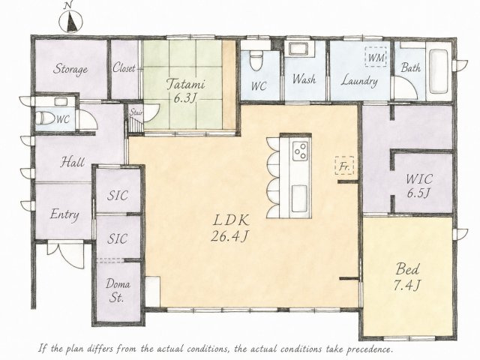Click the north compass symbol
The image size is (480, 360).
pyautogui.click(x=70, y=22)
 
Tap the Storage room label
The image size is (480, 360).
pyautogui.click(x=70, y=69)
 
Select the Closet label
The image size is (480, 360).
pyautogui.click(x=124, y=67)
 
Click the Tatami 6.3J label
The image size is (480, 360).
pyautogui.click(x=185, y=91)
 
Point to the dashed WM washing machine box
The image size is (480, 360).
pyautogui.click(x=376, y=57)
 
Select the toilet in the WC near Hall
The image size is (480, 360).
pyautogui.click(x=45, y=118)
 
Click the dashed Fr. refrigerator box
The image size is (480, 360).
pyautogui.click(x=344, y=166)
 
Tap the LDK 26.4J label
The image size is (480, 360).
pyautogui.click(x=230, y=228)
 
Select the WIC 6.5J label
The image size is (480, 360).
pyautogui.click(x=419, y=186)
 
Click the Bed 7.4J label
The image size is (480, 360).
pyautogui.click(x=407, y=277)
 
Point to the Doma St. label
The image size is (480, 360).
pyautogui.click(x=118, y=291)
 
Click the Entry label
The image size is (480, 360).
pyautogui.click(x=64, y=214)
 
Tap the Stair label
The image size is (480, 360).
pyautogui.click(x=136, y=112)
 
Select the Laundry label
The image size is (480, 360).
pyautogui.click(x=359, y=81)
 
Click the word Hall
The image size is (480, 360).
pyautogui.click(x=73, y=162)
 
